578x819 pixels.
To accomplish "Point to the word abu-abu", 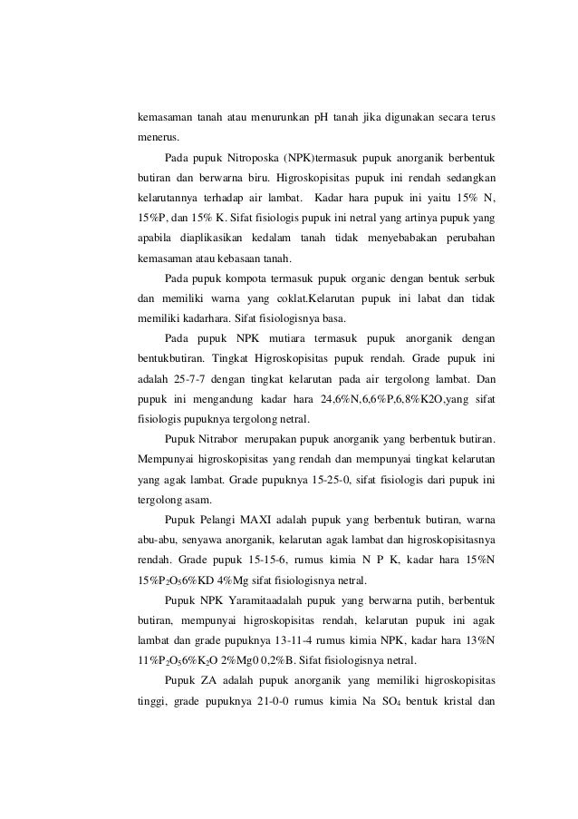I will (x=159, y=543).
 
